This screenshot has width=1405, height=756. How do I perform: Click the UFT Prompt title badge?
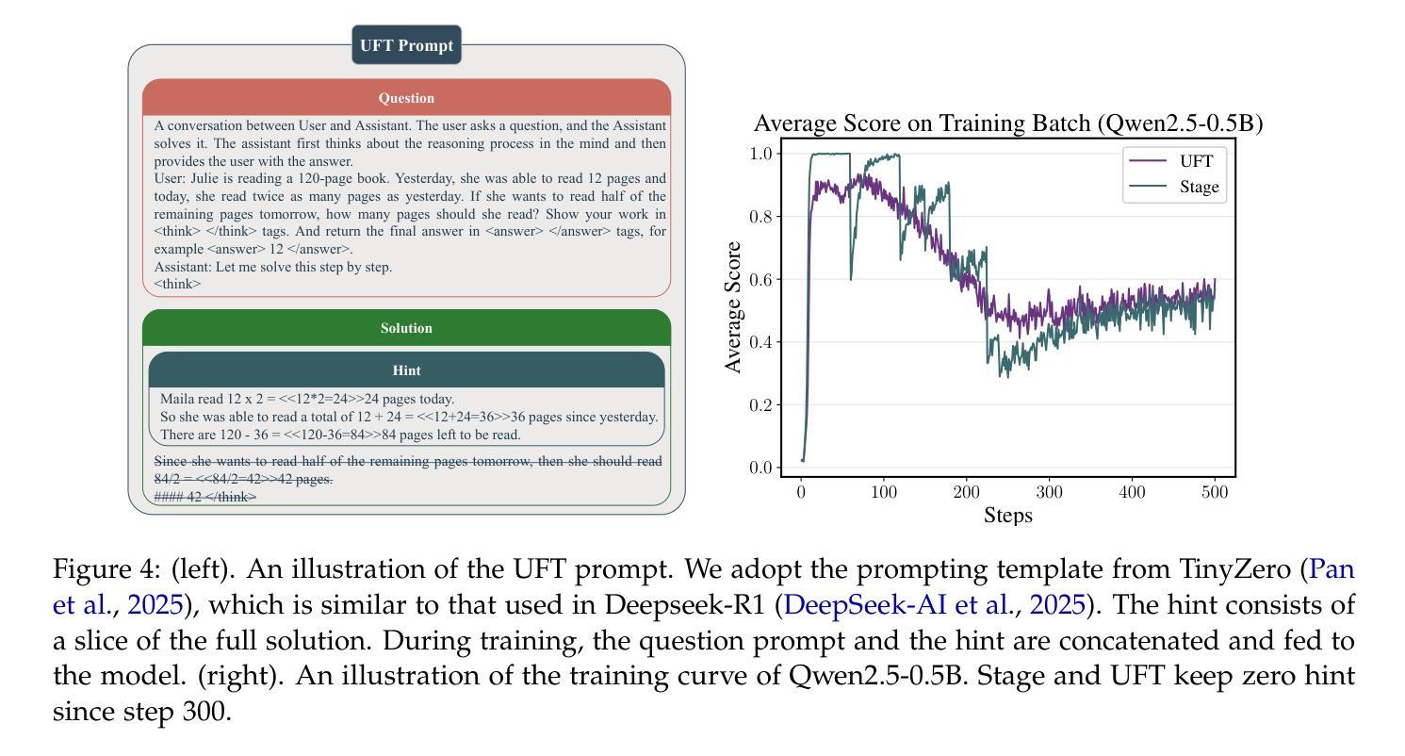[406, 45]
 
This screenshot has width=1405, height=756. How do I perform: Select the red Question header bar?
[406, 98]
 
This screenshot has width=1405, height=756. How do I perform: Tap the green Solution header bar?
[406, 328]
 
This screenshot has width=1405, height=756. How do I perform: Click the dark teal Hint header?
[406, 370]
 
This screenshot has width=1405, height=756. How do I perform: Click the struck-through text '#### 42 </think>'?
[205, 497]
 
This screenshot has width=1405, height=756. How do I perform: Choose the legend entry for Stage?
[1174, 187]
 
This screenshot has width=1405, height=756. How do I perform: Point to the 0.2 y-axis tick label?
[760, 404]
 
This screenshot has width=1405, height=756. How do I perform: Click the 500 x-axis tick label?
[1215, 492]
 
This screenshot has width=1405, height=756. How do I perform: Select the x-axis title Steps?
[1008, 515]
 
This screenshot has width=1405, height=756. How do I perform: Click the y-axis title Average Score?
[732, 307]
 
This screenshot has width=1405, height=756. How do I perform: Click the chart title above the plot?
[1008, 123]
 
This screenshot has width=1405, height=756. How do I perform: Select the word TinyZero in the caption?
[1234, 569]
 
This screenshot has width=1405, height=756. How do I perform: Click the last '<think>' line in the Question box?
[177, 284]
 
